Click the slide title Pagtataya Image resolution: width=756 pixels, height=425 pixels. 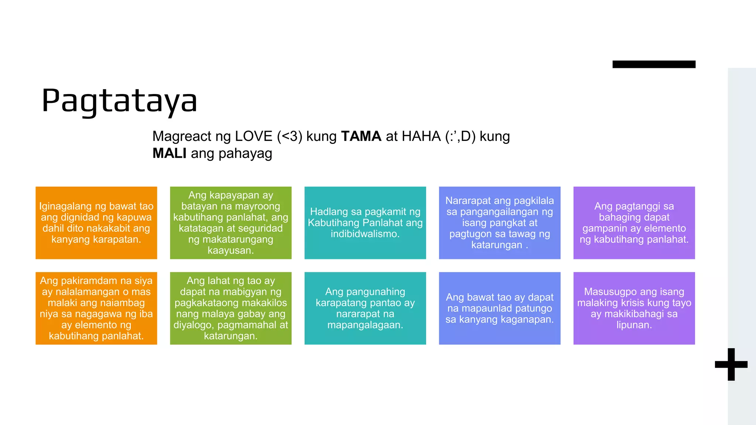(x=119, y=100)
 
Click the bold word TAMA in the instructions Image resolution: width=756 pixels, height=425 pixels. (x=361, y=136)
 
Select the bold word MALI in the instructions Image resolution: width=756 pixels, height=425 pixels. (x=169, y=153)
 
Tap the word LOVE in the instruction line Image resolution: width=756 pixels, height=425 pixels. (x=254, y=136)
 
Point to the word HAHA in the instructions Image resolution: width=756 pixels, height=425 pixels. (x=421, y=136)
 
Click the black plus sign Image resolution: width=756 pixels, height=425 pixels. (x=731, y=364)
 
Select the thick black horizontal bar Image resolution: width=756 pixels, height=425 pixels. (x=654, y=64)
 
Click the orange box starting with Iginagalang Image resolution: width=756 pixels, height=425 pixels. (x=96, y=223)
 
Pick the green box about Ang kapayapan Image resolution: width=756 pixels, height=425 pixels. (x=231, y=223)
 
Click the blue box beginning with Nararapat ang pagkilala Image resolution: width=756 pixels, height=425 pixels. (x=499, y=223)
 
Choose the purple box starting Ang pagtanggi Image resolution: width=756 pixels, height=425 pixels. (x=634, y=223)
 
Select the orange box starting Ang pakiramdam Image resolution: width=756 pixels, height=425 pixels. (x=96, y=308)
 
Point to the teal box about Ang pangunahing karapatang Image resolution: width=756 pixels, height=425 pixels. (x=365, y=308)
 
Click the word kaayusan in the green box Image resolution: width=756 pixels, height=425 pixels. (x=230, y=250)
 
